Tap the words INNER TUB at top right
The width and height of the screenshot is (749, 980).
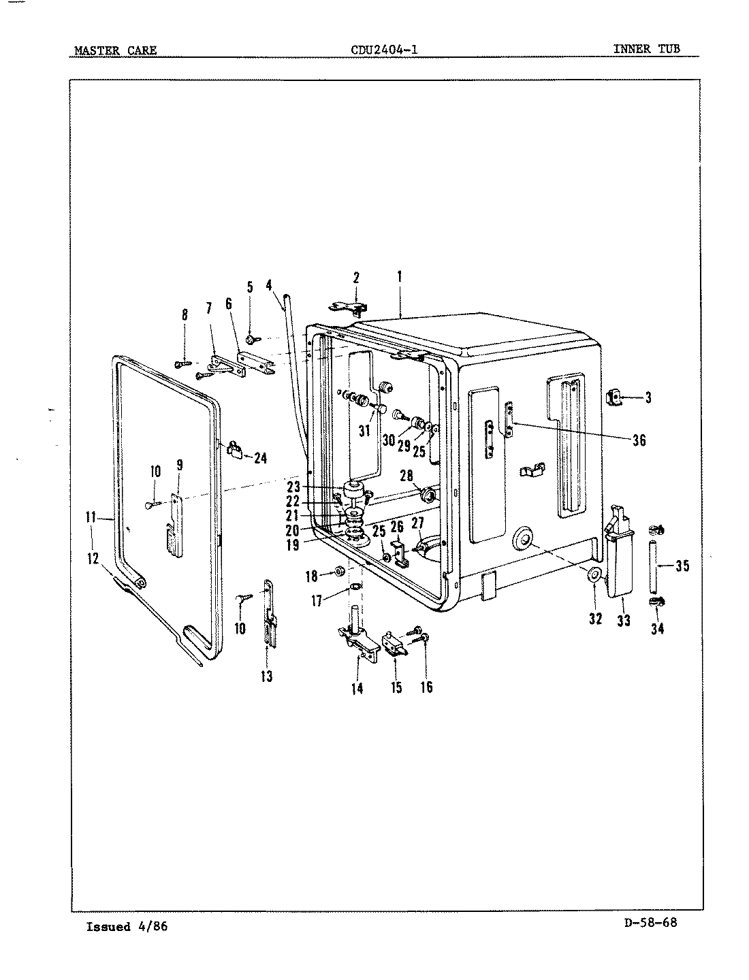pyautogui.click(x=646, y=48)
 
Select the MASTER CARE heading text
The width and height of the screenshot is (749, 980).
pyautogui.click(x=115, y=50)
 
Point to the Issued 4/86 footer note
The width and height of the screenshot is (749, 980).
pyautogui.click(x=127, y=927)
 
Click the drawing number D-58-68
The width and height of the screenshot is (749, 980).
pyautogui.click(x=650, y=923)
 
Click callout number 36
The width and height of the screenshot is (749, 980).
pyautogui.click(x=639, y=440)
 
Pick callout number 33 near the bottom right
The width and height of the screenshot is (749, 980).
pyautogui.click(x=623, y=620)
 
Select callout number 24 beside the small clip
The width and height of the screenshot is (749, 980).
pyautogui.click(x=259, y=458)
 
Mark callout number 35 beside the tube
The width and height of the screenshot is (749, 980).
pyautogui.click(x=682, y=565)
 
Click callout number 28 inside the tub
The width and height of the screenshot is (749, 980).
pyautogui.click(x=407, y=475)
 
